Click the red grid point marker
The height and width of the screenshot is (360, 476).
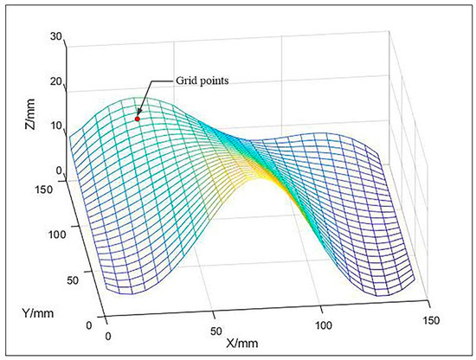[x=137, y=119]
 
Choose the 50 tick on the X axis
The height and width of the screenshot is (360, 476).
[x=214, y=330]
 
